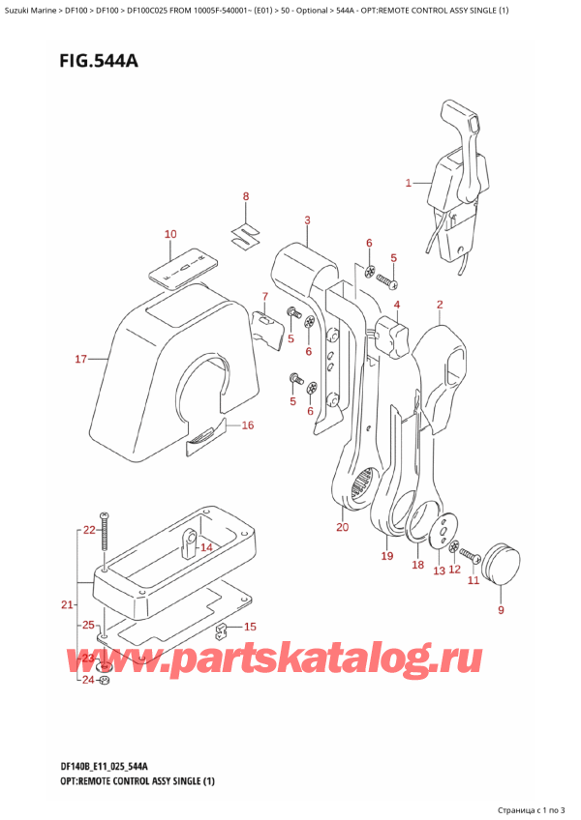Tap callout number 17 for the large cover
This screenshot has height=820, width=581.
pos(81,361)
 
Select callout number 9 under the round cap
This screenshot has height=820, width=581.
pos(501,610)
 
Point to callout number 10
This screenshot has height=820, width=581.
pos(170,234)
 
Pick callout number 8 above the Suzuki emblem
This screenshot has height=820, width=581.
pos(246,197)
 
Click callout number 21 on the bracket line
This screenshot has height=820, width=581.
pos(66,605)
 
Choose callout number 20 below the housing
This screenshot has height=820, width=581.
pos(342,527)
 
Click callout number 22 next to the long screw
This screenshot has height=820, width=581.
pos(90,530)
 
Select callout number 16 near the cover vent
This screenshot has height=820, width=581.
pos(247,425)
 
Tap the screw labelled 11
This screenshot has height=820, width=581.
pos(472,555)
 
